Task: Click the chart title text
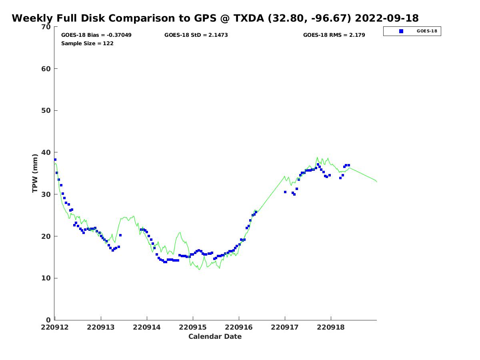pyautogui.click(x=215, y=18)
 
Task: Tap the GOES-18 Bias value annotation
pyautogui.click(x=96, y=35)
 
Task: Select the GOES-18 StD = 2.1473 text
pyautogui.click(x=196, y=35)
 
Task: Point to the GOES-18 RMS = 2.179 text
pyautogui.click(x=334, y=35)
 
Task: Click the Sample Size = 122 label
pyautogui.click(x=87, y=44)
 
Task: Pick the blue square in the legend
pyautogui.click(x=401, y=31)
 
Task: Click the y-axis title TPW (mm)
pyautogui.click(x=35, y=173)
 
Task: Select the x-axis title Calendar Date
pyautogui.click(x=215, y=336)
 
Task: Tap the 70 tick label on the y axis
pyautogui.click(x=46, y=27)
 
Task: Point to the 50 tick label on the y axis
pyautogui.click(x=46, y=111)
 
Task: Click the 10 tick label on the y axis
pyautogui.click(x=46, y=278)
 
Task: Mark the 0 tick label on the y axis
pyautogui.click(x=48, y=320)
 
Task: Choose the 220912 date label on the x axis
pyautogui.click(x=55, y=328)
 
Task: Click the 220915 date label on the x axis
pyautogui.click(x=193, y=328)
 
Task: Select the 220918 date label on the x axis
pyautogui.click(x=331, y=328)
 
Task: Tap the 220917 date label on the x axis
pyautogui.click(x=285, y=328)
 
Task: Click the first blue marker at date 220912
pyautogui.click(x=55, y=160)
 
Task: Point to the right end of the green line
pyautogui.click(x=376, y=182)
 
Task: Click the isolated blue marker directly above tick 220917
pyautogui.click(x=285, y=192)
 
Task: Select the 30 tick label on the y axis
pyautogui.click(x=46, y=194)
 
